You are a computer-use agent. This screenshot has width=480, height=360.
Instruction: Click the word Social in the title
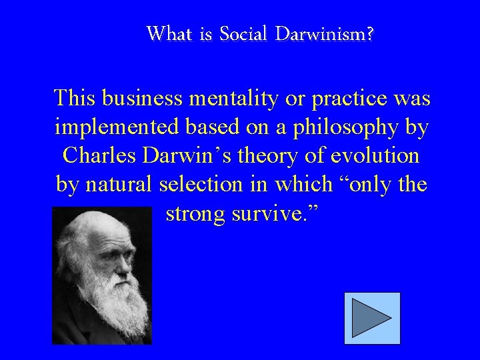coord(242,33)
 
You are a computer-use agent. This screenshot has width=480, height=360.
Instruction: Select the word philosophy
coord(353,127)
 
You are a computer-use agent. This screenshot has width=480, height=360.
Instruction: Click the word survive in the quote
coord(280,213)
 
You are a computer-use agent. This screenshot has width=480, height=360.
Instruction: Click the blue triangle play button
coord(372,318)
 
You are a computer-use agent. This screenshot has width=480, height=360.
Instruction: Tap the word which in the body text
coord(321,185)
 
